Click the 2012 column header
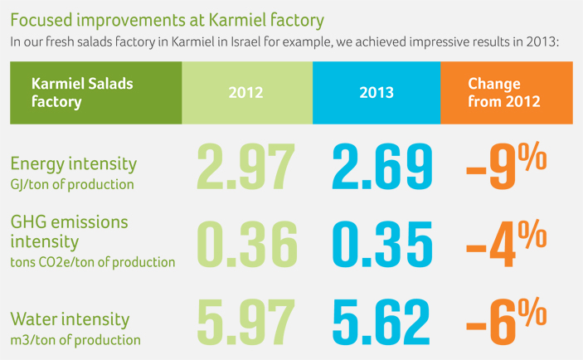(x=246, y=92)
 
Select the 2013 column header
(x=377, y=92)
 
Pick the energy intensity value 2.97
(x=247, y=166)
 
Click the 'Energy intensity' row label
(x=73, y=163)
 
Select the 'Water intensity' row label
(x=70, y=319)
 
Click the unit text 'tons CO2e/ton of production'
(x=92, y=262)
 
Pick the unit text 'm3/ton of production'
(x=75, y=339)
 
